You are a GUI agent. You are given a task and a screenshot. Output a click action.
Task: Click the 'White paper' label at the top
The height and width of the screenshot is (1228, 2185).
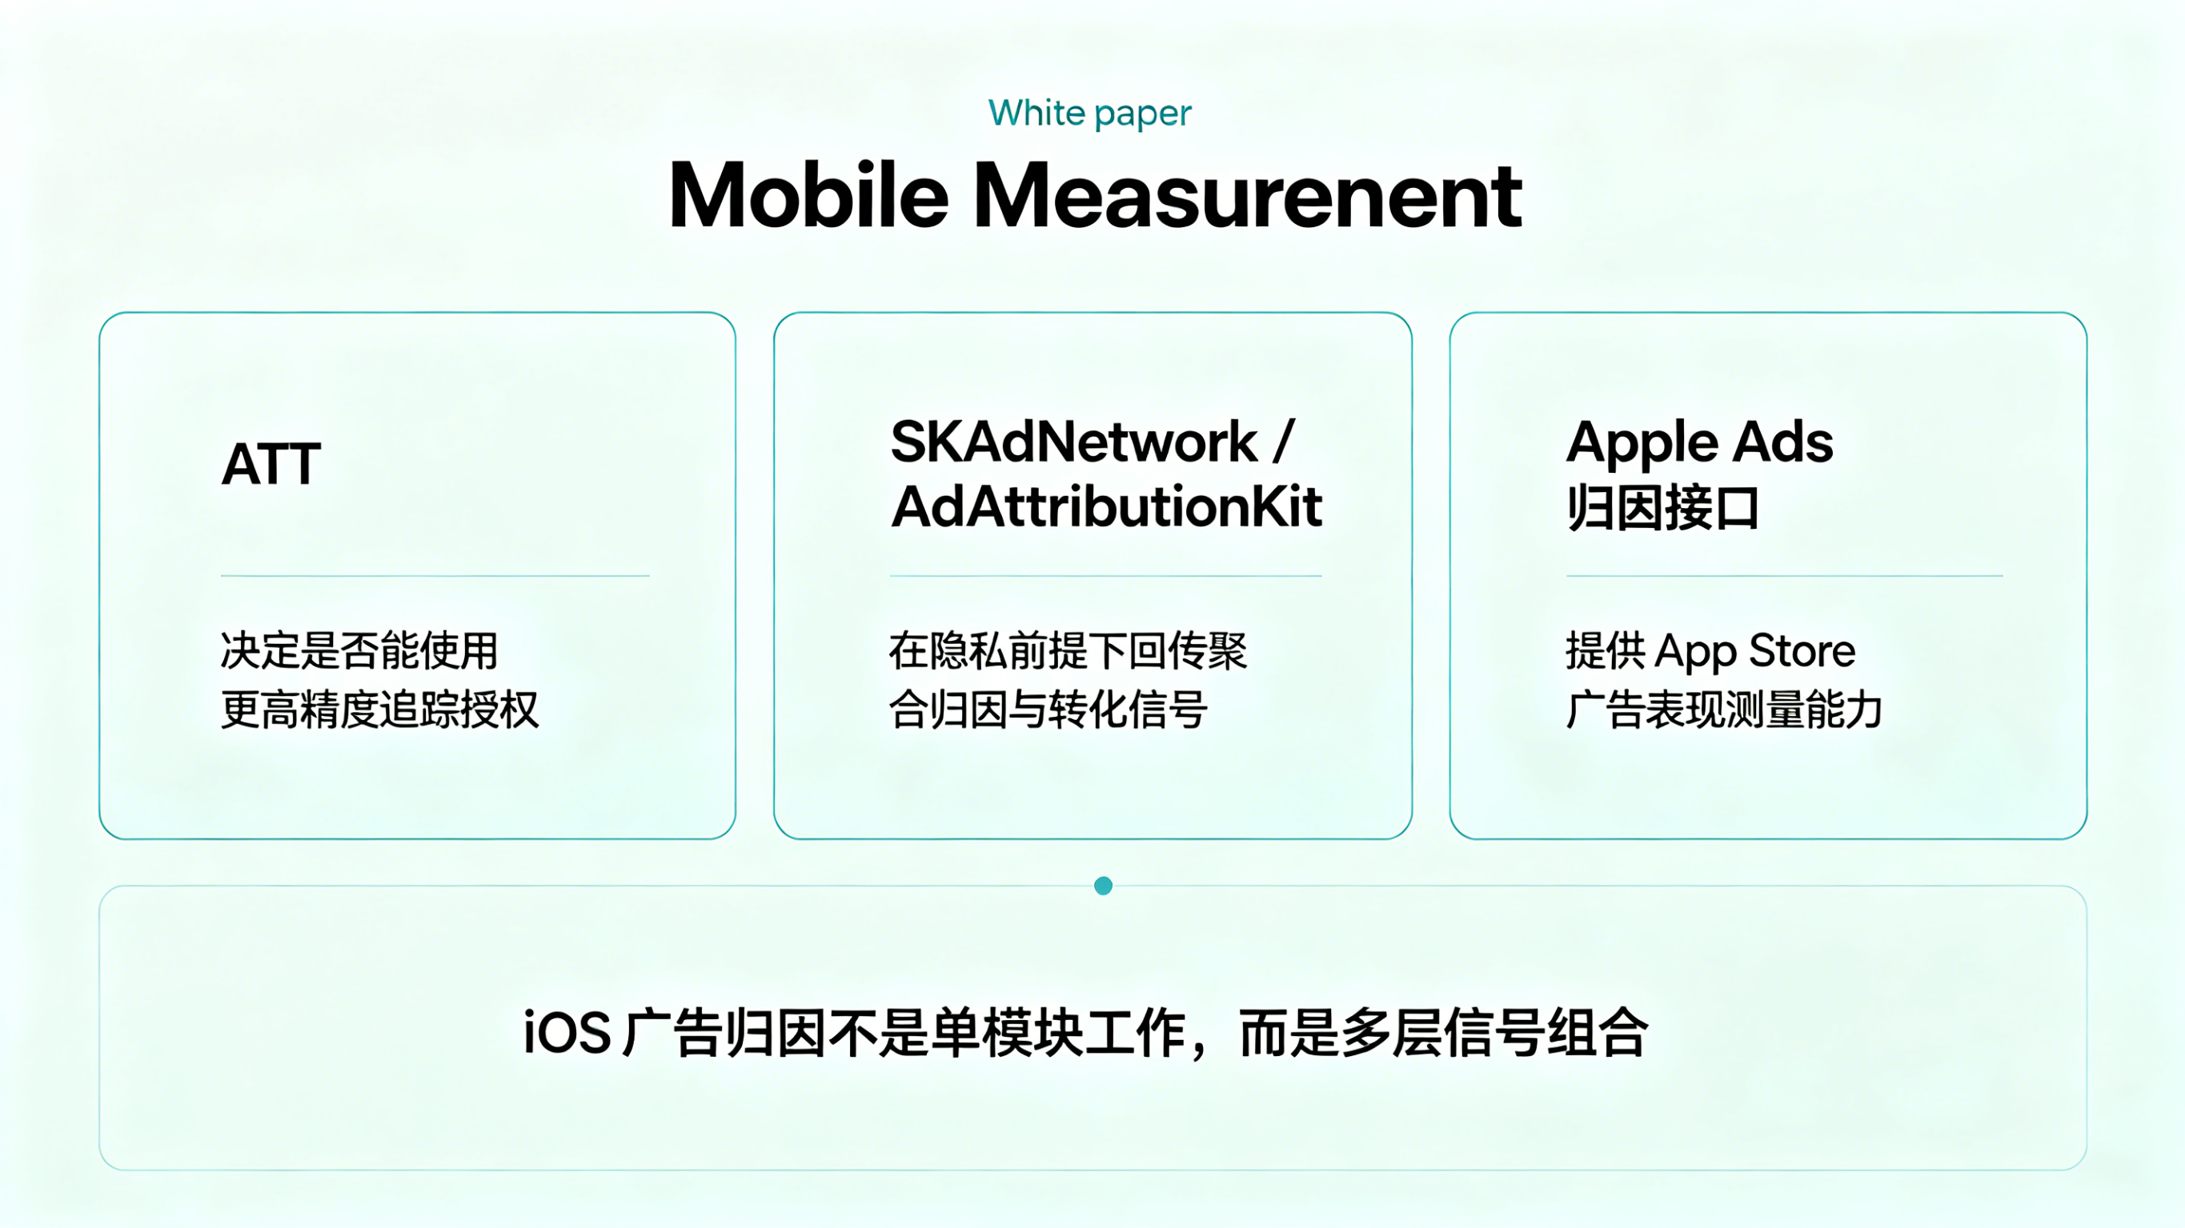coord(1090,114)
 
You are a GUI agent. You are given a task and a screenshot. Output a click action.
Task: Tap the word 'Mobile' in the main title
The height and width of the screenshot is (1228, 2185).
coord(808,196)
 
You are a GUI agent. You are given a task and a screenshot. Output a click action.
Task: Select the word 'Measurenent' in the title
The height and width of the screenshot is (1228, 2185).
coord(1248,196)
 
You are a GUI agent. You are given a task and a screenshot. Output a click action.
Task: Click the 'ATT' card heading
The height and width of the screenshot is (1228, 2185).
coord(271,464)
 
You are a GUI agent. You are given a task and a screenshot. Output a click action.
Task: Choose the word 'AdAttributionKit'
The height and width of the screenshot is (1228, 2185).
coord(1107,507)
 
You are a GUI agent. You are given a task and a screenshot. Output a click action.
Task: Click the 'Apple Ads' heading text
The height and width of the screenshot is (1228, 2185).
coord(1700,443)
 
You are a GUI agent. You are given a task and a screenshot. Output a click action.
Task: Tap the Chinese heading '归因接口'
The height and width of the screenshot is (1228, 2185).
coord(1662,507)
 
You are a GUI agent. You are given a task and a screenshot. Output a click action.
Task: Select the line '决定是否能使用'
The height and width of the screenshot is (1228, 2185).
coord(359,650)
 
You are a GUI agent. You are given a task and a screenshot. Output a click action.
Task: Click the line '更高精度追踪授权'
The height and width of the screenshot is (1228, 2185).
coord(380,710)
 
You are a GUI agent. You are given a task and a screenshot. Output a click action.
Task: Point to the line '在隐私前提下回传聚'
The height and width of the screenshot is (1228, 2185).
coord(1068,650)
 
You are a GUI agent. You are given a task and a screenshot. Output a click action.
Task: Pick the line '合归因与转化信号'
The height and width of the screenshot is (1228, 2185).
coord(1048,710)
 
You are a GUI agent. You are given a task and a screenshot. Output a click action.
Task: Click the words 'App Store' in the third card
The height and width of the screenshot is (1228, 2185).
coord(1755,651)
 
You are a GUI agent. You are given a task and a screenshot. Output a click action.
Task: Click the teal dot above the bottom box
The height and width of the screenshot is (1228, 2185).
coord(1104,886)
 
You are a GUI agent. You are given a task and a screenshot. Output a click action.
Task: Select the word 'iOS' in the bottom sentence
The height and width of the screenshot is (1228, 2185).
coord(567,1033)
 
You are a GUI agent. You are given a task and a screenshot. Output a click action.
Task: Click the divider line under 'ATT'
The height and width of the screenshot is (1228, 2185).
coord(435,576)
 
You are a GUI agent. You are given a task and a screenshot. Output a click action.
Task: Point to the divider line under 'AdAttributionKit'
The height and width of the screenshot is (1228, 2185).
coord(1106,576)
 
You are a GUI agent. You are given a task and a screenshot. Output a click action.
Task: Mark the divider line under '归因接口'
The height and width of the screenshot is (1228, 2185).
coord(1785,576)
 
